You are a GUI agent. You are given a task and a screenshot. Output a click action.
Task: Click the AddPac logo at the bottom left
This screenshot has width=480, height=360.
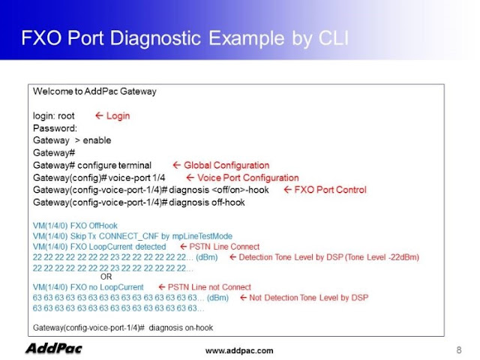[x=54, y=348]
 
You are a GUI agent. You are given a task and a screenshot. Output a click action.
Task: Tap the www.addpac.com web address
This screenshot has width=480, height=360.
[x=239, y=350]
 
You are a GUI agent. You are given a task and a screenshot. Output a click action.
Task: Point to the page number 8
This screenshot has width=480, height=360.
[x=458, y=349]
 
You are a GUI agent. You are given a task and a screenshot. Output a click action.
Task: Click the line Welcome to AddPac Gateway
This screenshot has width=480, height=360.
[x=94, y=91]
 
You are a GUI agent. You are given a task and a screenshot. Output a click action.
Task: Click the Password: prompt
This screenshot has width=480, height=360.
[x=55, y=128]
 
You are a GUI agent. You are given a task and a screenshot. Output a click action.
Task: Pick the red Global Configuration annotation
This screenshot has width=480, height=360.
[x=220, y=165]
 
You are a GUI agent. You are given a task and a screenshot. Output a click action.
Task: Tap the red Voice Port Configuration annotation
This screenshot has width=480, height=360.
[x=242, y=178]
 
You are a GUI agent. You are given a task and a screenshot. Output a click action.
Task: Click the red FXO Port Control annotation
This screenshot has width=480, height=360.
[x=325, y=190]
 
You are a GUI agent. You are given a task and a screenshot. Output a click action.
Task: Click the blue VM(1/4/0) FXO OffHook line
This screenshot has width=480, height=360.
[x=75, y=226]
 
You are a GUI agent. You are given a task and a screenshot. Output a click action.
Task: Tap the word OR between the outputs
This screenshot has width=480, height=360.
[x=106, y=277]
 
